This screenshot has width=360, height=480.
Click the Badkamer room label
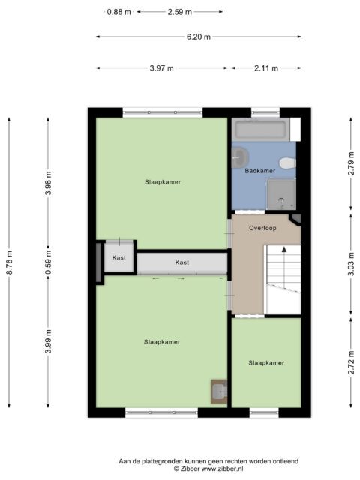[x=260, y=171]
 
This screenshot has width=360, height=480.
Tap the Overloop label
[x=262, y=228]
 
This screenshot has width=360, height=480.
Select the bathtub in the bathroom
[x=260, y=130]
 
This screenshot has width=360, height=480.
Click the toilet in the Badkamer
[x=288, y=163]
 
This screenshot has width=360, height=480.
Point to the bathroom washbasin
[x=239, y=158]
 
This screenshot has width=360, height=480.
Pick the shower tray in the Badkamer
[x=281, y=194]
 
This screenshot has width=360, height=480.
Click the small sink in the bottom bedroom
[x=219, y=391]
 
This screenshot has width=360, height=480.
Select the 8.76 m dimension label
[x=10, y=262]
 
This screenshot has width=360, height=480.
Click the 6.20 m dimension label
[x=199, y=37]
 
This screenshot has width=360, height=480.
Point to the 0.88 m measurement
[x=118, y=12]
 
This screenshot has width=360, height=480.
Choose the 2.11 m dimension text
[x=266, y=68]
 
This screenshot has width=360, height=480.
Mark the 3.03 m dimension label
[x=351, y=264]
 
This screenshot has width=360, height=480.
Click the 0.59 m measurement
[x=48, y=262]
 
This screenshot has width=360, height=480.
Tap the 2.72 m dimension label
[x=351, y=362]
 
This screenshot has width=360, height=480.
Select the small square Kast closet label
[x=118, y=257]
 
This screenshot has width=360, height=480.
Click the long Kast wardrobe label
[x=182, y=262]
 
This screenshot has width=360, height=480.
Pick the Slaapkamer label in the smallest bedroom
[x=266, y=363]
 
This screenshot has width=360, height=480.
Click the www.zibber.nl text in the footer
[x=222, y=469]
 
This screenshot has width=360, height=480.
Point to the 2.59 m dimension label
[x=180, y=12]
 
